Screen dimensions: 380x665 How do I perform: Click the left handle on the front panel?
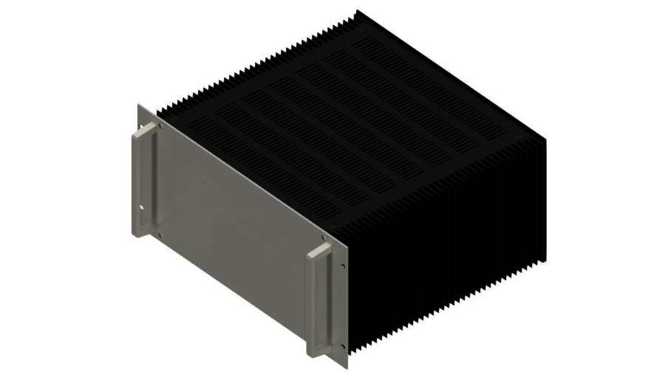point(144,181)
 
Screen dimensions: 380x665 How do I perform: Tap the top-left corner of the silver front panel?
point(139,104)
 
